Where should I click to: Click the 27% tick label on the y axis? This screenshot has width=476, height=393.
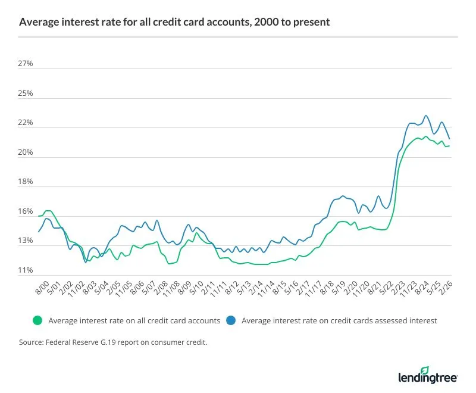[26, 64]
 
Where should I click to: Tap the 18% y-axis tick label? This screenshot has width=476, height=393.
[26, 182]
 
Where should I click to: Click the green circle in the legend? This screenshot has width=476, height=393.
[37, 320]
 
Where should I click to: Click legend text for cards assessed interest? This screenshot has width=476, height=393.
[339, 320]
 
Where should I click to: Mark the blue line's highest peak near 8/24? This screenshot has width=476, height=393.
[425, 116]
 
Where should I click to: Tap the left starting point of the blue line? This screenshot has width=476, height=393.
[39, 232]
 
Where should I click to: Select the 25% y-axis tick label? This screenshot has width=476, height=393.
[26, 93]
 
